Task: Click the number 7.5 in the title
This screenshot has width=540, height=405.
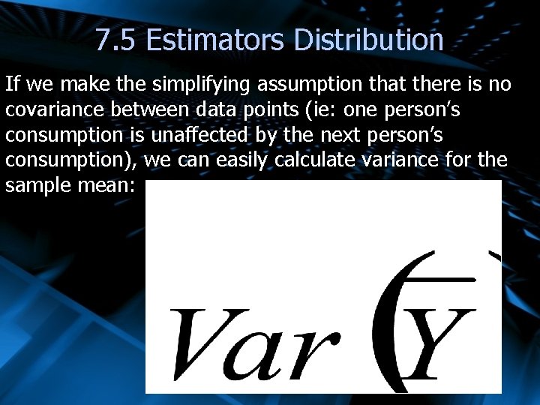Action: pyautogui.click(x=116, y=40)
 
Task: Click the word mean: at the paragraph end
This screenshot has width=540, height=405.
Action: pyautogui.click(x=104, y=184)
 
